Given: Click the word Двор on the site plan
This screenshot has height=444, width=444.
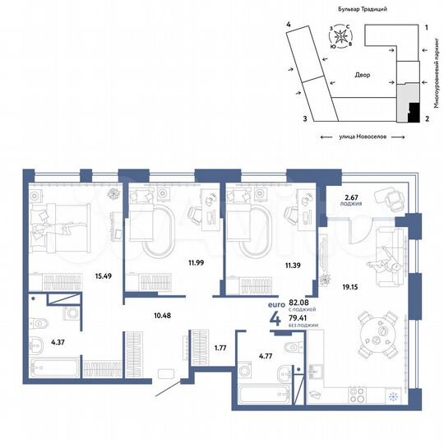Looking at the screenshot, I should pyautogui.click(x=363, y=75).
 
